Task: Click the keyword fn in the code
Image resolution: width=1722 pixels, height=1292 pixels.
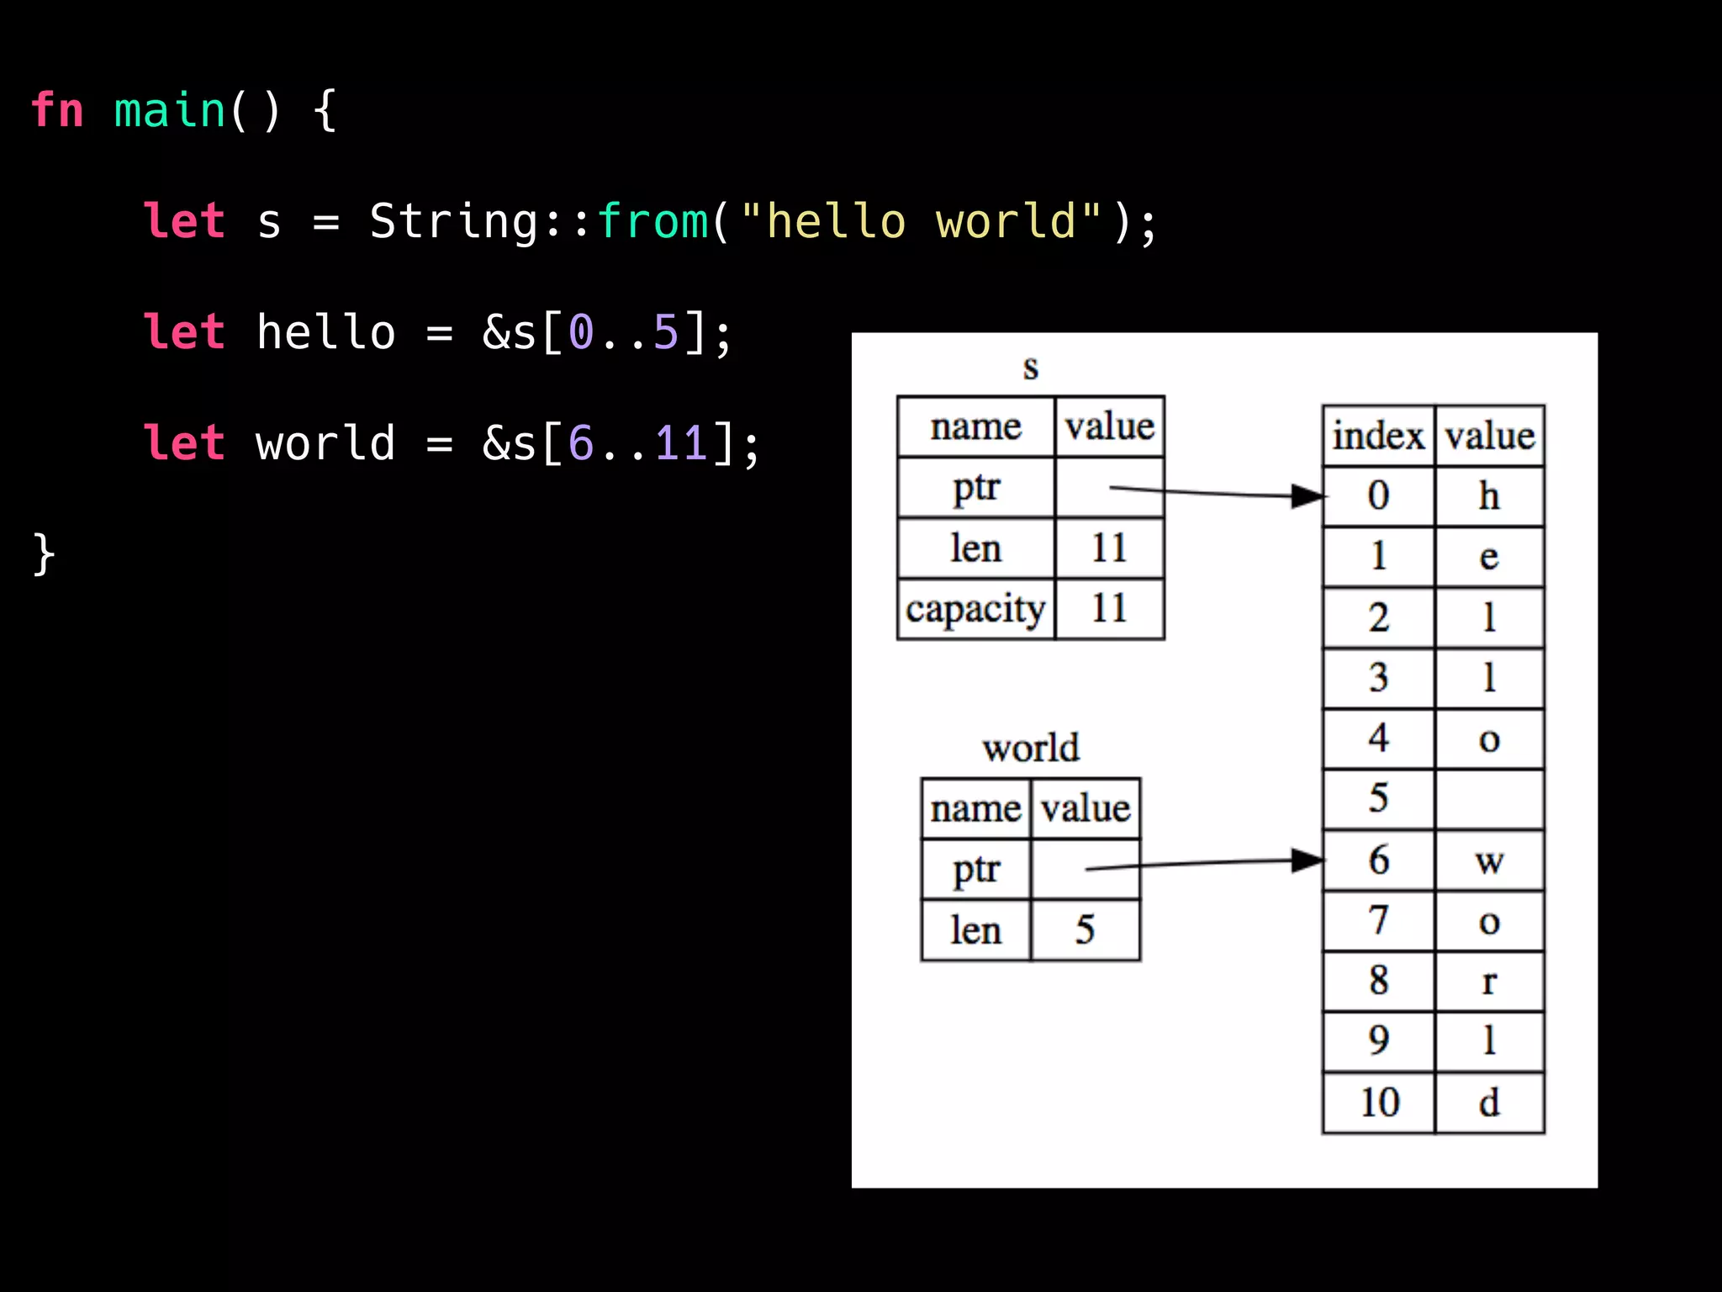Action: (57, 110)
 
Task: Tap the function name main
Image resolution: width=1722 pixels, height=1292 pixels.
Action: (169, 110)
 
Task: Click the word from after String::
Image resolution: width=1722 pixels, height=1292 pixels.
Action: (652, 221)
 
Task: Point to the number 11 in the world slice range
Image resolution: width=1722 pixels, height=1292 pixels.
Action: (681, 443)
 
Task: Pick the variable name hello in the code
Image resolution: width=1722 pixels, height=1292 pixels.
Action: (325, 332)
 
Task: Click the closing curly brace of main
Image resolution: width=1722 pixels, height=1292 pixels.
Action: (44, 555)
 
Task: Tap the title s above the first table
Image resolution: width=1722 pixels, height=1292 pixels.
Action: (1031, 367)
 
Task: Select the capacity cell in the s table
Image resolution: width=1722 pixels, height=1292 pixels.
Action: (975, 609)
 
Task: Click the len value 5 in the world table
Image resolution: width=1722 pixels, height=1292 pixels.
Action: (1085, 930)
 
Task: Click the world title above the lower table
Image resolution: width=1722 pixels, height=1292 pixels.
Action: (1031, 748)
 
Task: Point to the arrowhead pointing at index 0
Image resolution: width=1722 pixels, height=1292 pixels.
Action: (1307, 496)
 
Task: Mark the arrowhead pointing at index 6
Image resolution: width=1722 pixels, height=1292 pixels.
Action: (1307, 860)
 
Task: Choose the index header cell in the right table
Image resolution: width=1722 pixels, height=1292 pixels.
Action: (1378, 436)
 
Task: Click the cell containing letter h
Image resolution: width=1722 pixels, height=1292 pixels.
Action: (1489, 496)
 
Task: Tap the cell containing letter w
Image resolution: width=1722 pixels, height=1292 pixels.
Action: (1489, 860)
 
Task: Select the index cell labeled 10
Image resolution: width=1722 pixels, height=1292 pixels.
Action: (1378, 1103)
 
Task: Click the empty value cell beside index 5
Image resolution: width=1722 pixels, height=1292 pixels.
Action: (1489, 799)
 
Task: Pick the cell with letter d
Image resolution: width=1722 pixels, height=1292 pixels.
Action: (1489, 1103)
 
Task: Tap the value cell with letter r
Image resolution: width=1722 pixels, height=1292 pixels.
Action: (1489, 982)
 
